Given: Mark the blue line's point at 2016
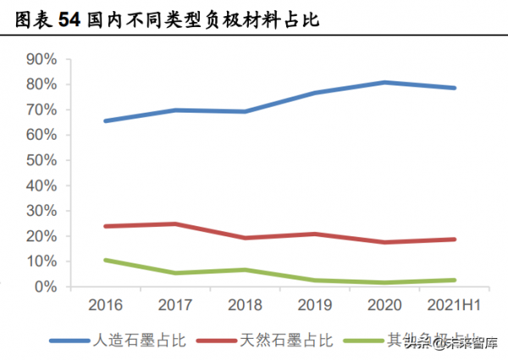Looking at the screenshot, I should [105, 121].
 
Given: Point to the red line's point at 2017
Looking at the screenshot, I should [174, 224].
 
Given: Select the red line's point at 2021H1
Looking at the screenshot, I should [454, 240].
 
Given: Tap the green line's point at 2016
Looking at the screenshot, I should [105, 260].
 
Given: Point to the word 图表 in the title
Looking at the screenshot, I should [31, 19].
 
